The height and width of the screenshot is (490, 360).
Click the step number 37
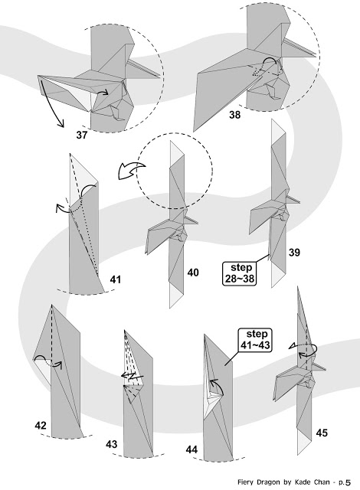(81, 135)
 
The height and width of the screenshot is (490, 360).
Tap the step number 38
(235, 115)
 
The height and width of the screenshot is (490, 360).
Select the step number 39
(294, 252)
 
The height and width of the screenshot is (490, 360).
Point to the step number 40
(193, 273)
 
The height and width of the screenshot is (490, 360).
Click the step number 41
(116, 279)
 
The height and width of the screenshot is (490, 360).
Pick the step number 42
(41, 426)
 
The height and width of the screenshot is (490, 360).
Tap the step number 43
(111, 444)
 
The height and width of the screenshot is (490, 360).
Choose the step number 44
(191, 449)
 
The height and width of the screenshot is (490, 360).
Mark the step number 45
(322, 433)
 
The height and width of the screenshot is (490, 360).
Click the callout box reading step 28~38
(239, 273)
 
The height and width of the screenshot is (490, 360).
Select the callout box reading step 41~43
(255, 340)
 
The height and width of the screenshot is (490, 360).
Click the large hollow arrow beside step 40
(131, 171)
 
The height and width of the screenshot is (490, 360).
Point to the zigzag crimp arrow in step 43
(133, 375)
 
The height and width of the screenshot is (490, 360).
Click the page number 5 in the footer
(349, 482)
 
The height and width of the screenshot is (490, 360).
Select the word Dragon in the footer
(268, 482)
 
